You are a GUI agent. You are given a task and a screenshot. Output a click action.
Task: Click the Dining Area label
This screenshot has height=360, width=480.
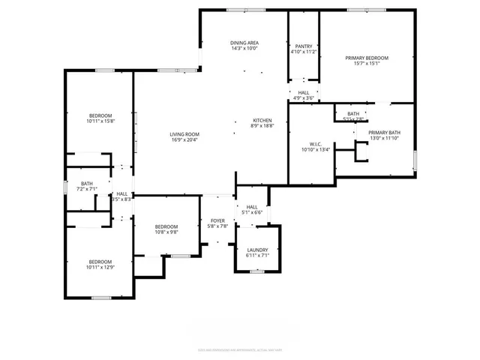click(244, 43)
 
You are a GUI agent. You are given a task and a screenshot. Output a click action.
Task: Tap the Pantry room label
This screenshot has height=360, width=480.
click(304, 46)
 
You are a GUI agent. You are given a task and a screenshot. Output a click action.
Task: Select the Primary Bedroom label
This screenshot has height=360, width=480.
click(367, 58)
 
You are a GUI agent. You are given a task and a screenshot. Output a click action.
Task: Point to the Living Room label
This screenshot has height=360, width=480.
click(184, 133)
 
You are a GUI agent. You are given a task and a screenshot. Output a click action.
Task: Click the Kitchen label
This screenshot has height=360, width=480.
click(262, 121)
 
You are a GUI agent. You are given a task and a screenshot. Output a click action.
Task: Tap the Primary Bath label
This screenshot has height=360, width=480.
click(384, 133)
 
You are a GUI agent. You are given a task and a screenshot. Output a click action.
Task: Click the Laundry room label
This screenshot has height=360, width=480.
click(257, 250)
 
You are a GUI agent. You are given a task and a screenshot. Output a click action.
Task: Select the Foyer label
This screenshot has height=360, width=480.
click(217, 220)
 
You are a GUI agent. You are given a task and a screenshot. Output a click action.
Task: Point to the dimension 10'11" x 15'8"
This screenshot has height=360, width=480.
click(100, 121)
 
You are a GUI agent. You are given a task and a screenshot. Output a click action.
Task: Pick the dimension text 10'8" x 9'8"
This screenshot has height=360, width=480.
click(166, 232)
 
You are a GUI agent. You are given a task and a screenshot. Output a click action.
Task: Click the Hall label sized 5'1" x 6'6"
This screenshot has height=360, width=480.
click(252, 213)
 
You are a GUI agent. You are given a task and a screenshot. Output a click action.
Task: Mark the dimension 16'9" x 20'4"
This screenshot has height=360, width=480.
click(184, 139)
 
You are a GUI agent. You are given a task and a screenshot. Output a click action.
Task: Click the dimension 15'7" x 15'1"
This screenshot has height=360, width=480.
click(367, 64)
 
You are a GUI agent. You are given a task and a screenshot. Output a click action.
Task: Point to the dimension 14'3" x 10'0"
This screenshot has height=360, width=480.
click(244, 49)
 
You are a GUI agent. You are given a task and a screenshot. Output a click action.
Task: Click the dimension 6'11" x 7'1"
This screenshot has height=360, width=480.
click(257, 256)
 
